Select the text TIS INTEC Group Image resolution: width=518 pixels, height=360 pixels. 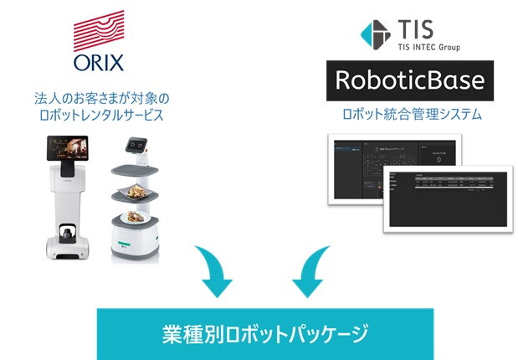426,47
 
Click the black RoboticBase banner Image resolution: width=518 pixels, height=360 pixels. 410,81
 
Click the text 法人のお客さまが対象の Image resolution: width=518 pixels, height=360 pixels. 100,96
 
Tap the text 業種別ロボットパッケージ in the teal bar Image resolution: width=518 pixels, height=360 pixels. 264,334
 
